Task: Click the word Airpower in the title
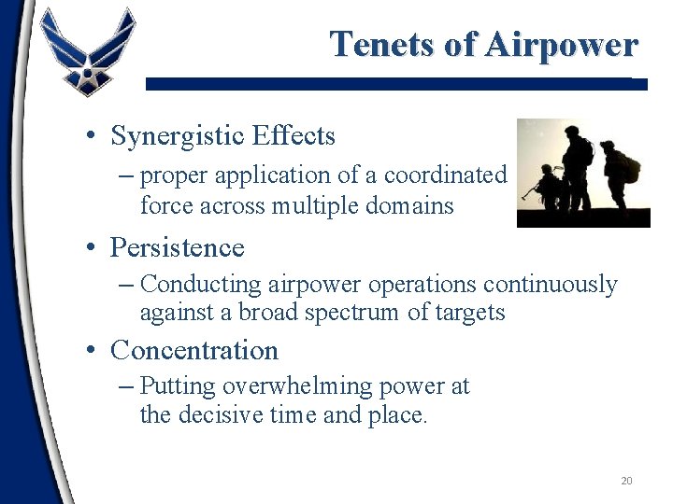(560, 44)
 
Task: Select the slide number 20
(626, 481)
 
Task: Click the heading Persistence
(177, 248)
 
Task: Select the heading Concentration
(194, 351)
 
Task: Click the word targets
(471, 313)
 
